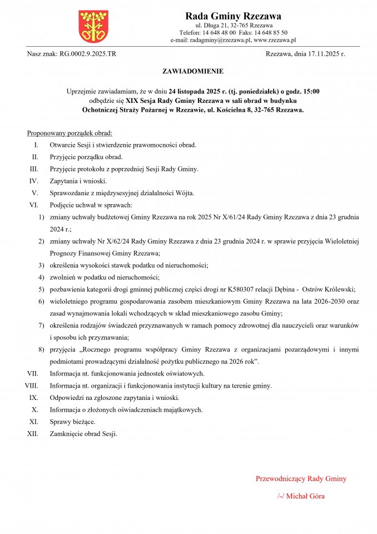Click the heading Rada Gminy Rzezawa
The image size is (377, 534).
click(x=233, y=16)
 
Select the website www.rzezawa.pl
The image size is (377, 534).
click(x=274, y=40)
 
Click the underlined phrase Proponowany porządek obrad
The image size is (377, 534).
click(x=70, y=133)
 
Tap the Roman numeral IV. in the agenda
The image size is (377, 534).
click(x=33, y=181)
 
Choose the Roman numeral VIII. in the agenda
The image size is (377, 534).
click(x=31, y=385)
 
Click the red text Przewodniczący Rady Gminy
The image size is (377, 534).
click(x=301, y=478)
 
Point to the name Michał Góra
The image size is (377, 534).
click(x=305, y=496)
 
